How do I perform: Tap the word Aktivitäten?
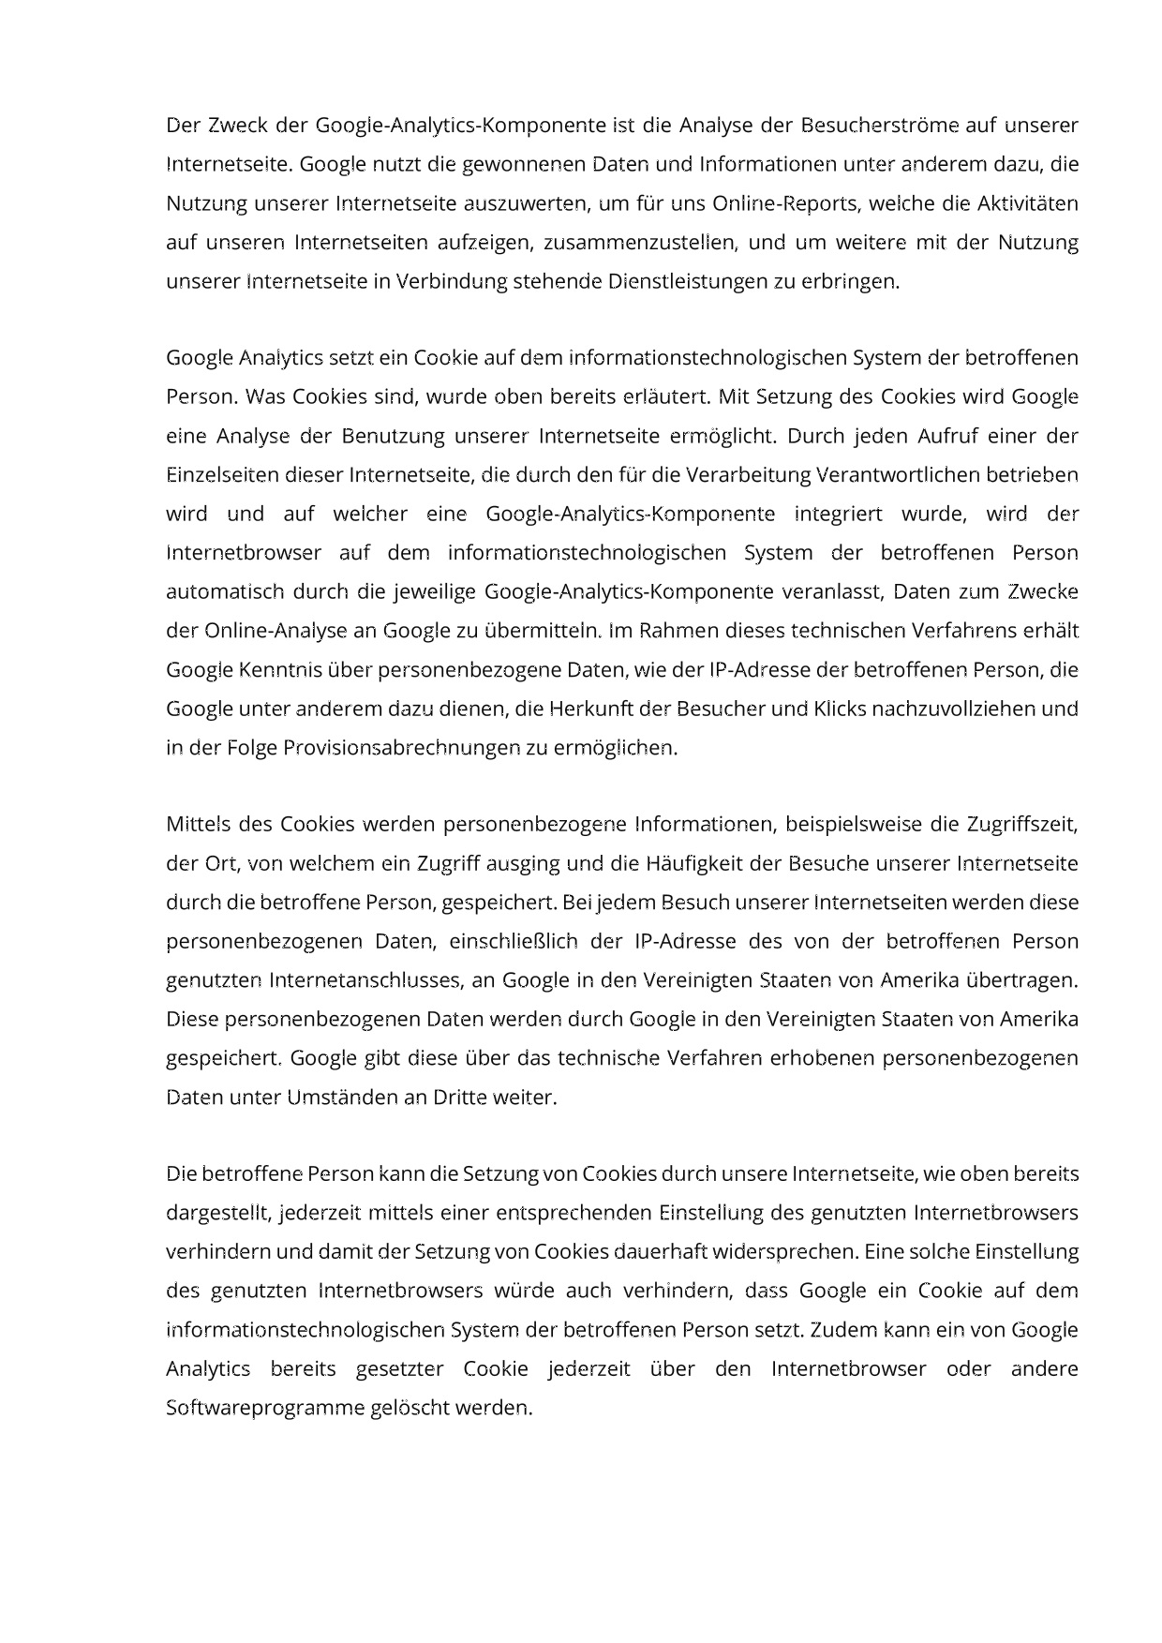click(1028, 203)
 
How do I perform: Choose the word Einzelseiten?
click(222, 474)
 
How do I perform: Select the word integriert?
click(838, 514)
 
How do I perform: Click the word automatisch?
click(224, 591)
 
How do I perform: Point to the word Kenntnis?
click(275, 670)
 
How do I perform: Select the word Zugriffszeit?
click(1020, 825)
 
